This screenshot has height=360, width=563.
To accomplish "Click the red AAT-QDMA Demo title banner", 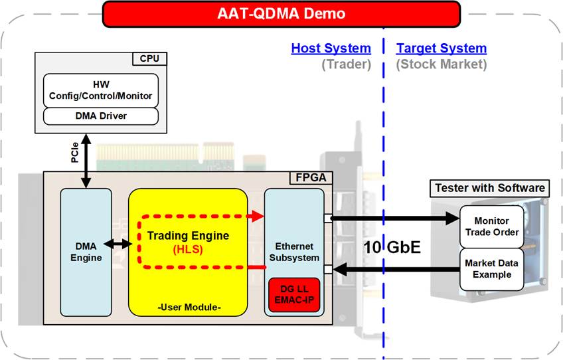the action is [x=281, y=14].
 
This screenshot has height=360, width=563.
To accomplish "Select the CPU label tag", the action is [x=150, y=58].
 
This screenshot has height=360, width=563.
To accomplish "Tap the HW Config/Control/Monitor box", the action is [x=101, y=90].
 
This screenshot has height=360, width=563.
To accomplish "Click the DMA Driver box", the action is [x=101, y=116].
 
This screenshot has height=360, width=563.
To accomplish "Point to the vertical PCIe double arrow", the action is [x=86, y=161].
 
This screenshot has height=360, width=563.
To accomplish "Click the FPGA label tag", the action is [x=311, y=178].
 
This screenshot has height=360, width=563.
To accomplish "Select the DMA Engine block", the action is [x=86, y=252].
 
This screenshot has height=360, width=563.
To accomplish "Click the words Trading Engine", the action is [x=188, y=236].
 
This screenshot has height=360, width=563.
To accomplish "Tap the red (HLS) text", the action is [x=188, y=249].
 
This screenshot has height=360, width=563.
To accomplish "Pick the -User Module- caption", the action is [x=189, y=307].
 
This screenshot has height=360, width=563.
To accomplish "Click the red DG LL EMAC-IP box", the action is [x=294, y=295].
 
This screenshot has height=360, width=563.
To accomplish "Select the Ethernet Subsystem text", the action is [x=294, y=252].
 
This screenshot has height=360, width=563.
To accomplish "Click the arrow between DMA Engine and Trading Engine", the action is [x=118, y=244].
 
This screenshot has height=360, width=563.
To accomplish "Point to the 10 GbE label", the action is [x=392, y=247].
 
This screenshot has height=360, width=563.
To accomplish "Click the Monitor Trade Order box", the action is [x=491, y=226].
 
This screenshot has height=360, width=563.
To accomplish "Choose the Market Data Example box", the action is [x=491, y=269].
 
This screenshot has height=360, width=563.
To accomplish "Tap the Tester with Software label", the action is [x=490, y=188].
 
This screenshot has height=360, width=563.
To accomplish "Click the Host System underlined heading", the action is [x=331, y=48].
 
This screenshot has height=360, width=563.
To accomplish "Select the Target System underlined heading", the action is [x=442, y=48].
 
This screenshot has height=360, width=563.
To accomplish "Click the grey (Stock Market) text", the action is [x=442, y=64].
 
